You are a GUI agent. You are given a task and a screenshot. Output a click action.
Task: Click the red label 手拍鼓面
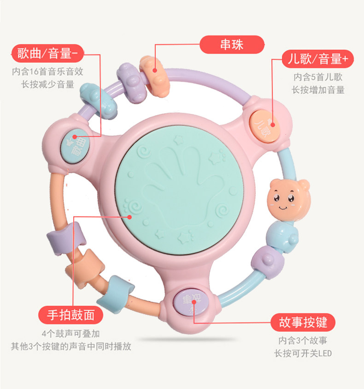(70, 315)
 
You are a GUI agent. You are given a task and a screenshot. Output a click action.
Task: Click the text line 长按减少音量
(48, 84)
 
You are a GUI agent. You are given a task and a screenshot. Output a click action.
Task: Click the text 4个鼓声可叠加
(70, 334)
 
